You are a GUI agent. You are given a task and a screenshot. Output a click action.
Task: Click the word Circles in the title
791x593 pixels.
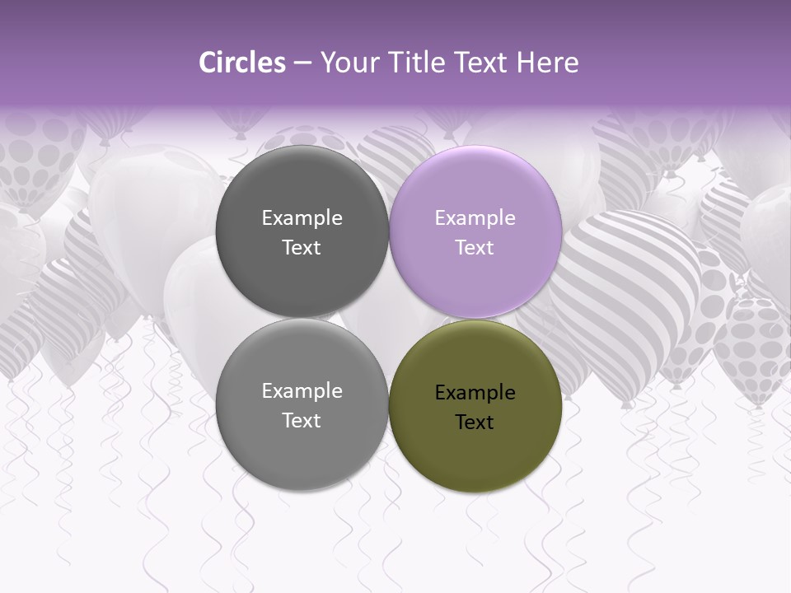pyautogui.click(x=241, y=63)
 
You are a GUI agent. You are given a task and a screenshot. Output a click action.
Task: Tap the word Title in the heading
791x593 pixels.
pyautogui.click(x=421, y=63)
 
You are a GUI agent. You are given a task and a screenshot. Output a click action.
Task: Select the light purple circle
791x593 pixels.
pyautogui.click(x=475, y=189)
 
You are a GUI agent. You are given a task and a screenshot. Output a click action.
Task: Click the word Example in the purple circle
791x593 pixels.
pyautogui.click(x=475, y=218)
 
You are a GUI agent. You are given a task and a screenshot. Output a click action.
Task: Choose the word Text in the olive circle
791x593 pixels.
pyautogui.click(x=475, y=423)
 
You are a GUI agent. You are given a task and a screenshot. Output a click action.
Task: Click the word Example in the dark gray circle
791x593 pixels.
pyautogui.click(x=302, y=218)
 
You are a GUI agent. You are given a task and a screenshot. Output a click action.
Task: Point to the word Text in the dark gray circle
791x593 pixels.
pyautogui.click(x=302, y=248)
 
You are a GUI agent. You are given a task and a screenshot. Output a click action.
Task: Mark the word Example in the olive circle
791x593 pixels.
pyautogui.click(x=475, y=393)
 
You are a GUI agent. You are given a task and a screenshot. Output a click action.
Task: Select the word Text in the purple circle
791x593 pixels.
pyautogui.click(x=475, y=248)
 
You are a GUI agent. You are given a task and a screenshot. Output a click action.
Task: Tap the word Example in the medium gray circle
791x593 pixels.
pyautogui.click(x=302, y=391)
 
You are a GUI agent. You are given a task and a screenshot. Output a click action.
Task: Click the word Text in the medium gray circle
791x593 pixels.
pyautogui.click(x=302, y=421)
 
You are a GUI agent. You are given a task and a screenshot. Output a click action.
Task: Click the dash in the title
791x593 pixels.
pyautogui.click(x=302, y=63)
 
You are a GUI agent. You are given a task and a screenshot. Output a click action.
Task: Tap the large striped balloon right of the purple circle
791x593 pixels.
pyautogui.click(x=626, y=280)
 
